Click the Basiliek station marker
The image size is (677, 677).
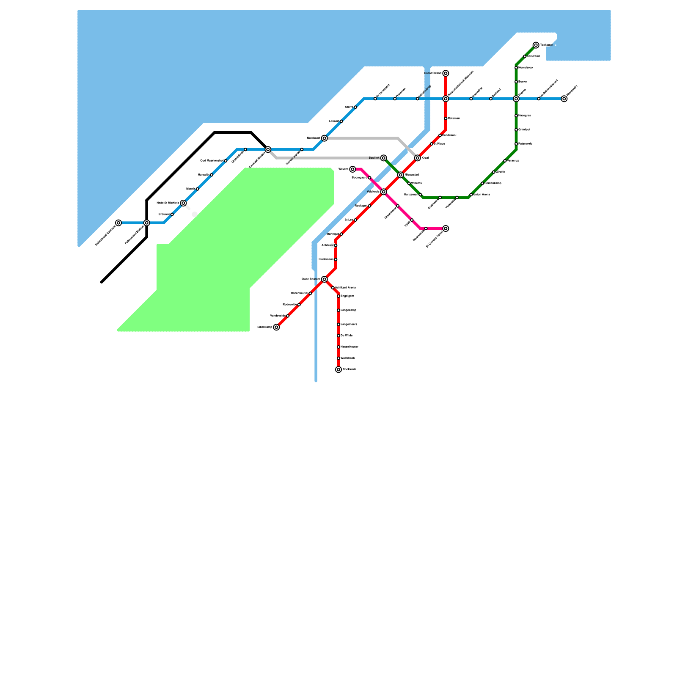click(x=383, y=158)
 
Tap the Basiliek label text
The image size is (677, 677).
click(x=374, y=158)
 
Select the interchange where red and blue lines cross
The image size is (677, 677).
click(x=446, y=99)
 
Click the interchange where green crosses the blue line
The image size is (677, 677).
click(x=516, y=99)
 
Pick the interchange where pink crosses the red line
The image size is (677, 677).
click(x=383, y=192)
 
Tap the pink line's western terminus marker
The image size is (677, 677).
click(x=352, y=169)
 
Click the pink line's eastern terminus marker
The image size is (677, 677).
click(x=446, y=228)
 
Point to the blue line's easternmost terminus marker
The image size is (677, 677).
click(x=564, y=99)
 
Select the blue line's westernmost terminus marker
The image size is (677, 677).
click(x=118, y=223)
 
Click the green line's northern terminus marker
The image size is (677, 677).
click(x=536, y=45)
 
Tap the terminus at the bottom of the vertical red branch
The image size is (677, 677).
click(x=338, y=369)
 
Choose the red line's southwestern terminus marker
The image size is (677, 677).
click(x=276, y=327)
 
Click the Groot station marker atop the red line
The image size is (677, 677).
click(x=446, y=73)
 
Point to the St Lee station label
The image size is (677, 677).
click(x=349, y=220)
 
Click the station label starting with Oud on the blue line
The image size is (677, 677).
click(x=212, y=161)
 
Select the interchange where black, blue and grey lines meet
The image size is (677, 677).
click(x=268, y=149)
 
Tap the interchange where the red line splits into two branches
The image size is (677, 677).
click(x=324, y=279)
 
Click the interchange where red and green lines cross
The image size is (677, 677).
click(x=400, y=175)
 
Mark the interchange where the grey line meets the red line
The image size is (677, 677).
click(x=417, y=158)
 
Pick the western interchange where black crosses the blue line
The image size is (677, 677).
click(x=146, y=223)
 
